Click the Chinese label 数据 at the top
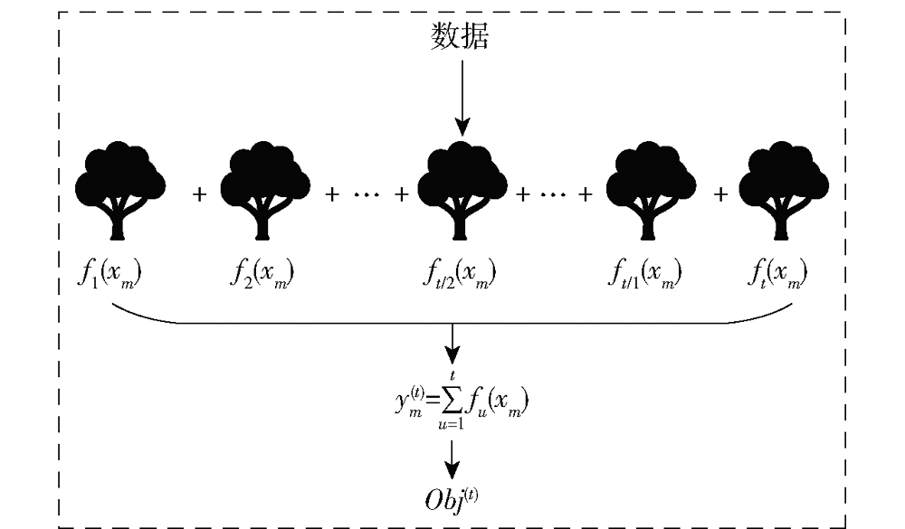click(460, 36)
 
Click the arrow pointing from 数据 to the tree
click(462, 98)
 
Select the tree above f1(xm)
click(120, 191)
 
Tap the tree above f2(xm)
click(265, 191)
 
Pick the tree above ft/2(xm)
click(462, 191)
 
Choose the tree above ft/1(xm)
click(651, 191)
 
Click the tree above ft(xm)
click(784, 191)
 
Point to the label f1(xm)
click(110, 273)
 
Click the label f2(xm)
click(262, 273)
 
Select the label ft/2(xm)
click(460, 273)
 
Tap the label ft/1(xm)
click(644, 273)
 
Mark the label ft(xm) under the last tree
click(777, 273)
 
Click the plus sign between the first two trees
click(199, 195)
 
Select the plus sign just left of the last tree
click(719, 195)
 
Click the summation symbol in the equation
click(452, 399)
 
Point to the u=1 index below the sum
click(452, 425)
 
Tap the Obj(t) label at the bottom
click(452, 499)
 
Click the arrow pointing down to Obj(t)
click(452, 459)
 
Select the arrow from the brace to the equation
click(452, 344)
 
